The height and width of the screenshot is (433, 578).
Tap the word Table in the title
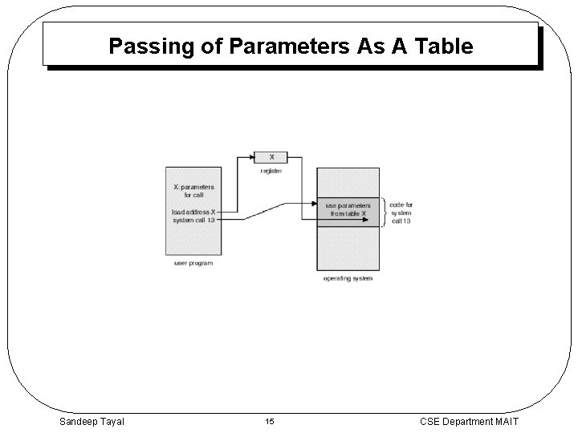pyautogui.click(x=443, y=47)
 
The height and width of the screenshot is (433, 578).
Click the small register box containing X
pyautogui.click(x=271, y=157)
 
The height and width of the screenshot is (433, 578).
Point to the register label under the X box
pyautogui.click(x=271, y=171)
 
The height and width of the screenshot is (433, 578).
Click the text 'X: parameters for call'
pyautogui.click(x=193, y=191)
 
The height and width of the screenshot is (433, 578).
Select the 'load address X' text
pyautogui.click(x=193, y=212)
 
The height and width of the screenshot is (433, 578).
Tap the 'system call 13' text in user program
pyautogui.click(x=193, y=221)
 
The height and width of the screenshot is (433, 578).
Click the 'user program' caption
pyautogui.click(x=193, y=263)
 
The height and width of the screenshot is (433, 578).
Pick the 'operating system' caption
pyautogui.click(x=348, y=278)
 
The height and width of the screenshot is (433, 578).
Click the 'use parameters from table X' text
pyautogui.click(x=348, y=209)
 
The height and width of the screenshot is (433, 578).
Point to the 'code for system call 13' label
pyautogui.click(x=401, y=212)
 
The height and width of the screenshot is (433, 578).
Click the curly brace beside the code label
pyautogui.click(x=384, y=212)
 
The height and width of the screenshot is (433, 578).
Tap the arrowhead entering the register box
pyautogui.click(x=250, y=157)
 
